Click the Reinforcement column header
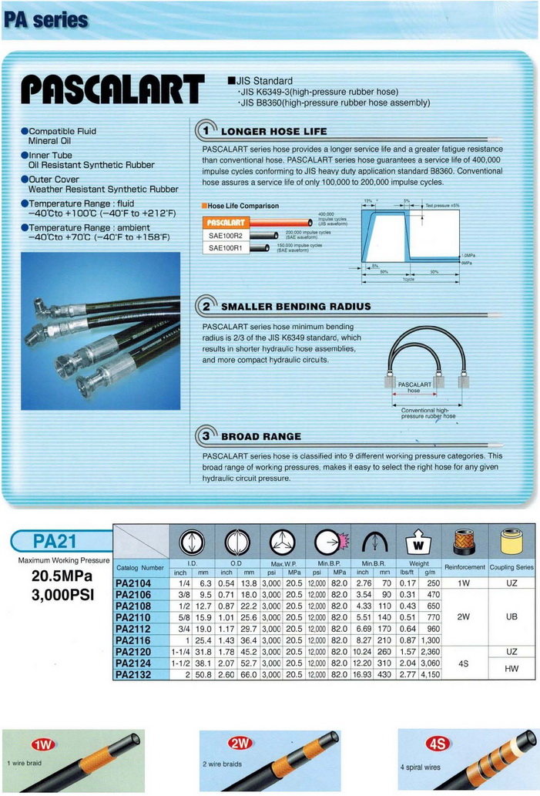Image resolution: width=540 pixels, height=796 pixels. coord(465,567)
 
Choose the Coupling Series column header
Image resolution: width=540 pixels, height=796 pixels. coord(512,567)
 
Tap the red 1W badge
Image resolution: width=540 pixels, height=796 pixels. coord(42,744)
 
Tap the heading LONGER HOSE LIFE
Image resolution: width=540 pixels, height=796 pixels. coord(274,132)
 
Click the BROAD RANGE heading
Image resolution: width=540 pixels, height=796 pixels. coord(261,436)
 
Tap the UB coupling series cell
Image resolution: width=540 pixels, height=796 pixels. coord(512,618)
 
